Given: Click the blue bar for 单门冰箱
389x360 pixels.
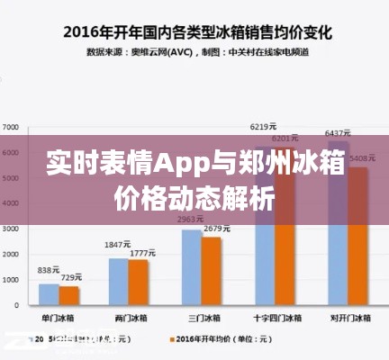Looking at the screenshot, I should point(48,295).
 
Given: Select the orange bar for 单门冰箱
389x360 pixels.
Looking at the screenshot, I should point(68,296).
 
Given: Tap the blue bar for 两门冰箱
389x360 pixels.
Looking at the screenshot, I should point(119,283).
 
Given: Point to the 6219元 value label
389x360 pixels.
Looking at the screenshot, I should point(263,126).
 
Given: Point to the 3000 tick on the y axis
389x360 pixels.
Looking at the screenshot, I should point(10,229).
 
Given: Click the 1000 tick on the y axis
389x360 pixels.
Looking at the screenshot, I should point(10,281).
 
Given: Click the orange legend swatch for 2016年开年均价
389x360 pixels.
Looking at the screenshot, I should point(170,340).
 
